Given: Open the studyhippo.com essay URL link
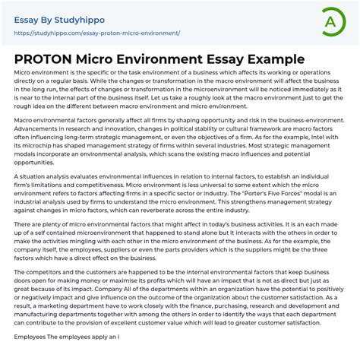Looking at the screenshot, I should click(97, 33).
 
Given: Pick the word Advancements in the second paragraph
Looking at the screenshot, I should click(39, 128).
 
